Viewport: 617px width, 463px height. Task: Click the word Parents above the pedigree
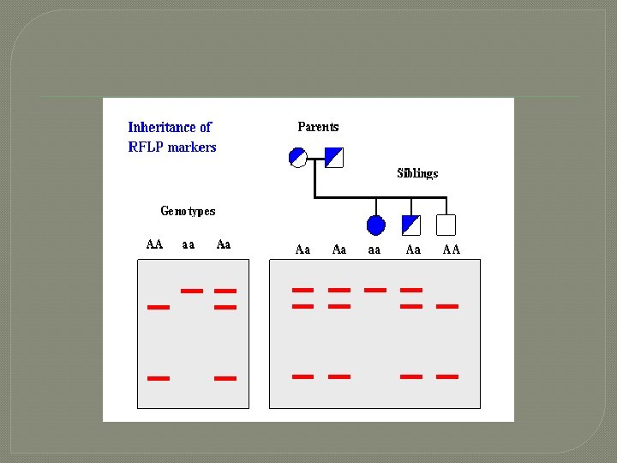click(318, 127)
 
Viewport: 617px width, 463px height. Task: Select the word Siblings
click(417, 173)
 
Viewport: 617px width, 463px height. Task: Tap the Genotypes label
click(188, 211)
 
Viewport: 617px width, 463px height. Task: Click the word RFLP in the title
click(146, 147)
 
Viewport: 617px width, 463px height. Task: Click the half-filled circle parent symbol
click(298, 157)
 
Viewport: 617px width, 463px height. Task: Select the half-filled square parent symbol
click(334, 157)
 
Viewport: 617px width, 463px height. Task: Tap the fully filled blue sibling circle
click(375, 225)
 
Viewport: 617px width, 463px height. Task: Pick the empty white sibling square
click(446, 225)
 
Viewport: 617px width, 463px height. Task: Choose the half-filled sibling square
click(411, 225)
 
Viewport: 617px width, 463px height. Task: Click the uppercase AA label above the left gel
click(154, 244)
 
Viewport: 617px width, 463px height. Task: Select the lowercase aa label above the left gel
click(189, 244)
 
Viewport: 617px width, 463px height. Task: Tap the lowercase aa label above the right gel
click(374, 250)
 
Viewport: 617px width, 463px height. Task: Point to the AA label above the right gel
click(451, 250)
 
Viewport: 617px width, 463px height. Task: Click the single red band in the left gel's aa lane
click(192, 291)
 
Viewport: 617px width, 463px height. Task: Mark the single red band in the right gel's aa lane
click(375, 290)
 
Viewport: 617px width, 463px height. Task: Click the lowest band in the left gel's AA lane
click(159, 377)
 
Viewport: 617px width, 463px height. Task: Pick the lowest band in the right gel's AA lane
click(447, 376)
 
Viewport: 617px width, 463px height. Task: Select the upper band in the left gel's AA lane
click(159, 306)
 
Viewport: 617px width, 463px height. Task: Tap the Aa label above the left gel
click(224, 244)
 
